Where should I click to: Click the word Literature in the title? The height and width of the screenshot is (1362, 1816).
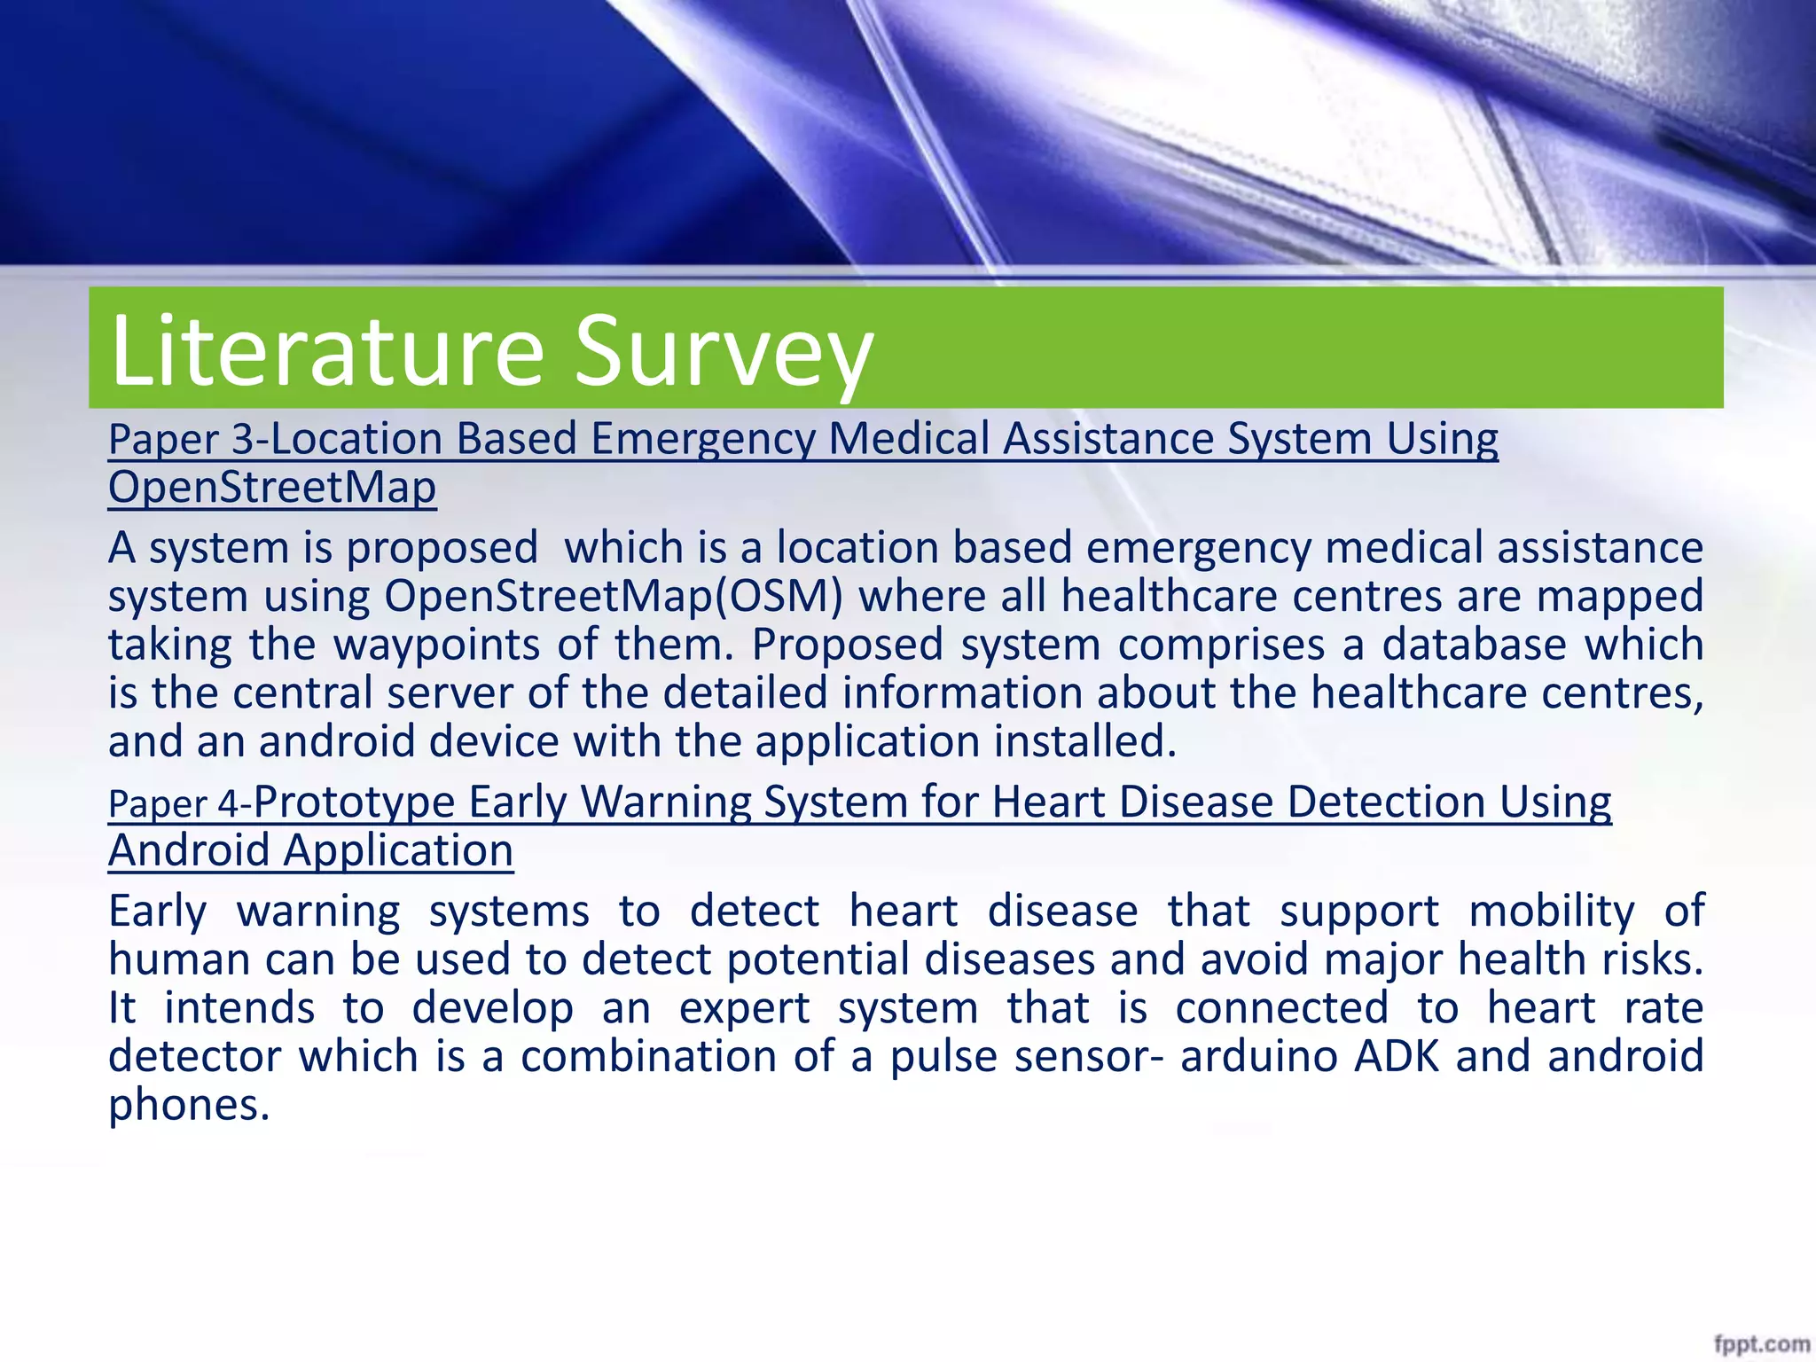coord(326,351)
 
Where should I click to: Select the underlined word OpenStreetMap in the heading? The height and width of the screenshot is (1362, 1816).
coord(271,488)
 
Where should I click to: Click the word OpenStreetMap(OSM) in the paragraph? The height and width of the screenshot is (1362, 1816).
coord(613,596)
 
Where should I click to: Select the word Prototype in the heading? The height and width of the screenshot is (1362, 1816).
coord(354,802)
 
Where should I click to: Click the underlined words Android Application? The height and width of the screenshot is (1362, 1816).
coord(310,851)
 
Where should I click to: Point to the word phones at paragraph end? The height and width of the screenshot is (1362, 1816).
coord(188,1106)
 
